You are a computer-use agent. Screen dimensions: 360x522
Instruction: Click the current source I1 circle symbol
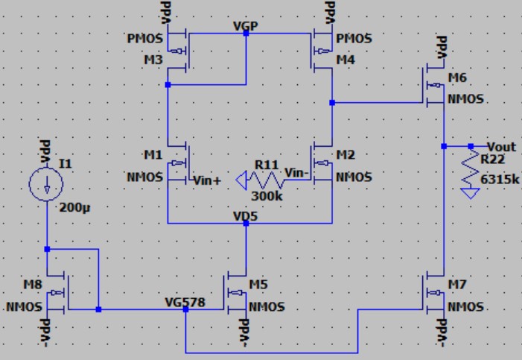coord(46,183)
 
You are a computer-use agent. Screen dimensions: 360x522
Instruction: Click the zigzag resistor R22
coord(470,167)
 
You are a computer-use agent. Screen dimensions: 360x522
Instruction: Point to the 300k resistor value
coord(266,195)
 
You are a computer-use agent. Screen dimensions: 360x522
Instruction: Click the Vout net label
coord(502,146)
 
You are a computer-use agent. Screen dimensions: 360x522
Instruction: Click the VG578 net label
coord(185,303)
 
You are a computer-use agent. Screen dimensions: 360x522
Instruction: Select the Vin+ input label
coord(209,179)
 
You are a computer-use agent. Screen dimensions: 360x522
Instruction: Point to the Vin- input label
coord(297,173)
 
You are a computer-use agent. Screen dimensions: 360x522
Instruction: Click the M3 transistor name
coord(151,60)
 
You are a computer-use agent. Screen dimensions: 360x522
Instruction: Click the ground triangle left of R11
coord(241,180)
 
